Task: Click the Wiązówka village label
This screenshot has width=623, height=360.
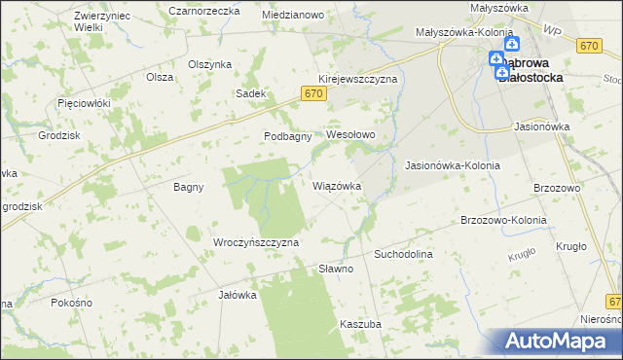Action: coord(337,185)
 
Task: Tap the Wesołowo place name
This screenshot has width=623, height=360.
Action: coord(350,133)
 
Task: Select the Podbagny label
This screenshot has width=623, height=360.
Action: coord(287,137)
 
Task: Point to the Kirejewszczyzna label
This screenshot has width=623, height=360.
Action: coord(357,79)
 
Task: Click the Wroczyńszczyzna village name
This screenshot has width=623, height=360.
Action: coord(255,241)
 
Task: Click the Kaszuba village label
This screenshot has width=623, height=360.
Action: coord(359,323)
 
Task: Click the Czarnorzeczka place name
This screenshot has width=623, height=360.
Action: coord(203,11)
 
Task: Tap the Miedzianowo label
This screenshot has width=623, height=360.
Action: coord(293,16)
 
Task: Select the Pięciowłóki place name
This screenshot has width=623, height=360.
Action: coord(85,102)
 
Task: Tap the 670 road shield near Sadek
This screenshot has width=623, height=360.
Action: coord(311,93)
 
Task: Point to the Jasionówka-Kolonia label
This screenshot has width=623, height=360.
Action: coord(452,165)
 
